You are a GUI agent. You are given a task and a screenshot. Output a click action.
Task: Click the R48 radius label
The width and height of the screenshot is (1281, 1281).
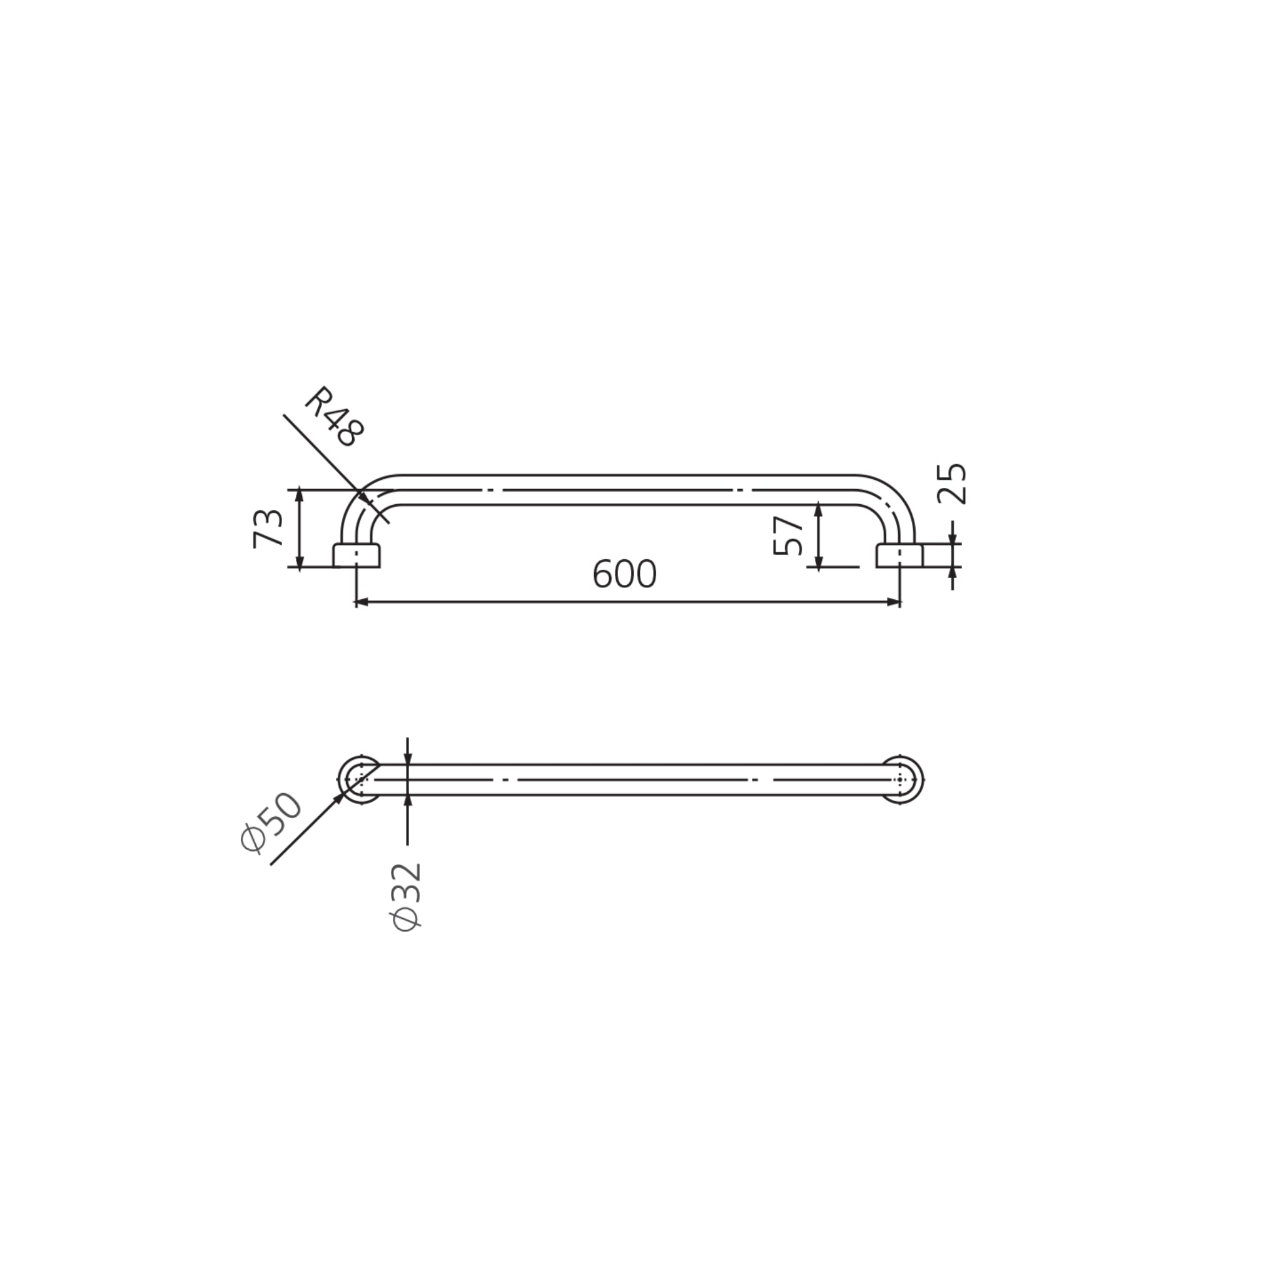point(335,417)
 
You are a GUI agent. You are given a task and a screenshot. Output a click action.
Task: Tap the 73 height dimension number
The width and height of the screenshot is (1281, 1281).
point(268,529)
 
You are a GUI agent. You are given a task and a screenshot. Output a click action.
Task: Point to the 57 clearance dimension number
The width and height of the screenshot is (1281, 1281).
point(788,537)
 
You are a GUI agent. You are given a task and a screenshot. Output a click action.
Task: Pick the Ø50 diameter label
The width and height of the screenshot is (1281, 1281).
point(271,822)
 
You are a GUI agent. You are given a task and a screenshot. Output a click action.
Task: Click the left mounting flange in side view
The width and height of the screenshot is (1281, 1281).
point(357,555)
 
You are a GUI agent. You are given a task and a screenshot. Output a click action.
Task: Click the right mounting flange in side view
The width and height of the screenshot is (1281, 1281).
point(899,555)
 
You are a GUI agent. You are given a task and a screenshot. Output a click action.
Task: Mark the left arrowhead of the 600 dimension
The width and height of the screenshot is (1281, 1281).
point(362,602)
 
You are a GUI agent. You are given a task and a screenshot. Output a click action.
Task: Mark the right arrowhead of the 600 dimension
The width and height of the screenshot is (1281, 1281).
point(894,602)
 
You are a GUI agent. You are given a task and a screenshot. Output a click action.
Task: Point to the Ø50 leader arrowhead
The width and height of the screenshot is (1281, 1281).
point(340,798)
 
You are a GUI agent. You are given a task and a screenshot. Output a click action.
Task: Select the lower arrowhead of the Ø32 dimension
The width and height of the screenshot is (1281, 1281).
point(407,800)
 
